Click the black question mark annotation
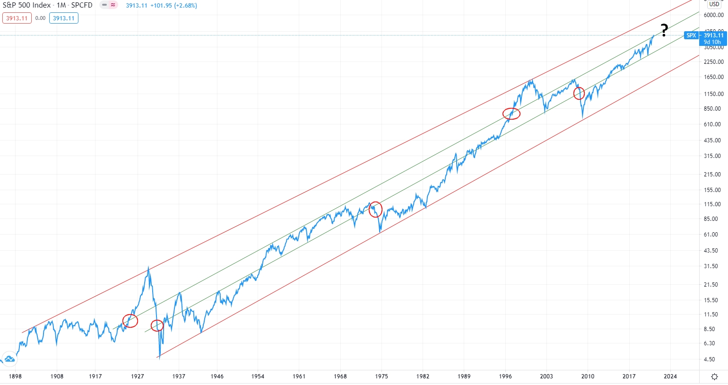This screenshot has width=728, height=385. point(664,30)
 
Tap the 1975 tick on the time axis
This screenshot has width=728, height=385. point(381,376)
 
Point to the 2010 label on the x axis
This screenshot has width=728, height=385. point(588,376)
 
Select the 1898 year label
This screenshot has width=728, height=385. point(15,376)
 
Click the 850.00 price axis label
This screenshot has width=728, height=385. point(712,109)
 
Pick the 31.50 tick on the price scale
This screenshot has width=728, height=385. point(711,266)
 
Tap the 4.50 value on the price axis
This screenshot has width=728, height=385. point(709,359)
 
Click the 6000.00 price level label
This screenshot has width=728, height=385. point(713,15)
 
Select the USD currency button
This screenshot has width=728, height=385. point(714,4)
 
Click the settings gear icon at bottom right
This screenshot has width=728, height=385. point(714,377)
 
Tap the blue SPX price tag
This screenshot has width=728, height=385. point(691,35)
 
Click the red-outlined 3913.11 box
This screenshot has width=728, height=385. point(17,18)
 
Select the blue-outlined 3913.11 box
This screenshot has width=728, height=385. point(63,18)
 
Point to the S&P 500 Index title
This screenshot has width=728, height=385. point(26,5)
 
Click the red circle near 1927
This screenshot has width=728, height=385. point(130,321)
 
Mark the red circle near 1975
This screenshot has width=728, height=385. point(375,209)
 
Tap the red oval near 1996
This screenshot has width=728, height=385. point(511,114)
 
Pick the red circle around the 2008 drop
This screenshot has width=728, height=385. point(579,93)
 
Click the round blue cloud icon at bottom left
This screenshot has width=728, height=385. point(9,359)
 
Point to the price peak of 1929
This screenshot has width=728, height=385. point(148,268)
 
